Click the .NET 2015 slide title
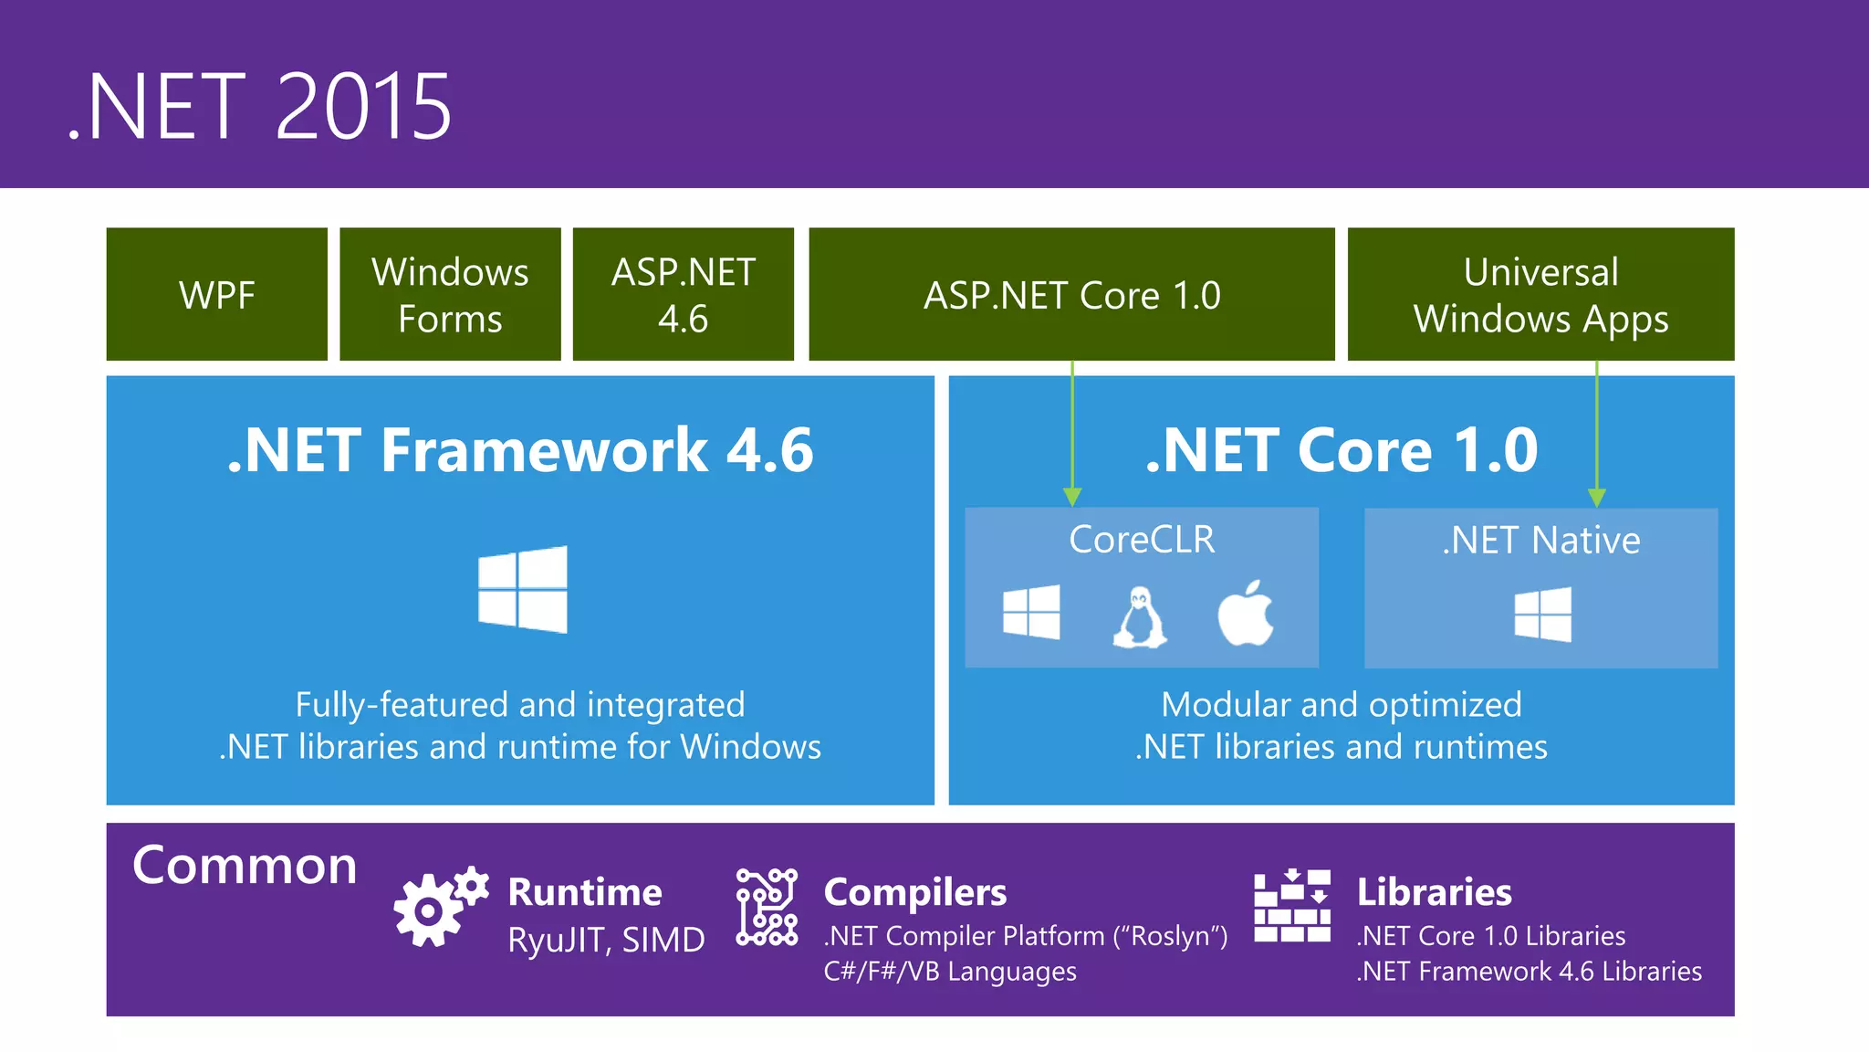(x=260, y=108)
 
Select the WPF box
(x=217, y=295)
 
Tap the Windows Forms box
(x=450, y=295)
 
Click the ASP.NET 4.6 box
(x=684, y=295)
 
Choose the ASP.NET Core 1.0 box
(x=1071, y=295)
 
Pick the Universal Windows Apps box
(x=1540, y=295)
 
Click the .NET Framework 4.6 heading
(x=520, y=450)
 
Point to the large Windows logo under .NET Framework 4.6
(x=523, y=590)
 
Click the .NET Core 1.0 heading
(x=1342, y=450)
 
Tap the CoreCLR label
(x=1142, y=540)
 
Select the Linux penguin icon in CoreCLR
(x=1139, y=617)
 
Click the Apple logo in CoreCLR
(x=1246, y=613)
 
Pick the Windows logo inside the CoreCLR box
(x=1031, y=613)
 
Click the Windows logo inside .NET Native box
(x=1542, y=615)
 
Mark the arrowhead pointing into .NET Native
(x=1596, y=497)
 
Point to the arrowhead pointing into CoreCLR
(x=1072, y=497)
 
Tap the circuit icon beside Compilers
(x=767, y=907)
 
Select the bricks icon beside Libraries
(x=1291, y=906)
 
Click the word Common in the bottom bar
(x=245, y=866)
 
